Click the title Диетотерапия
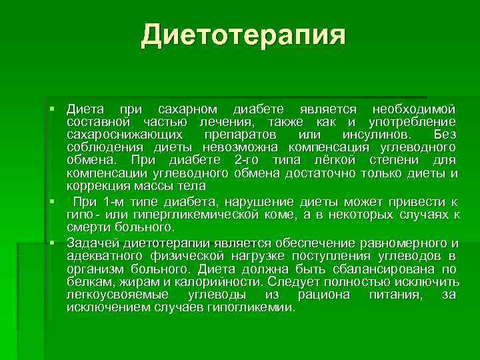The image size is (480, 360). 243,35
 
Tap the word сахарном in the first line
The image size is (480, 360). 187,109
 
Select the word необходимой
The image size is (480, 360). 414,109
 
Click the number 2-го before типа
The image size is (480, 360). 249,160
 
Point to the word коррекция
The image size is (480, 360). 95,185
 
